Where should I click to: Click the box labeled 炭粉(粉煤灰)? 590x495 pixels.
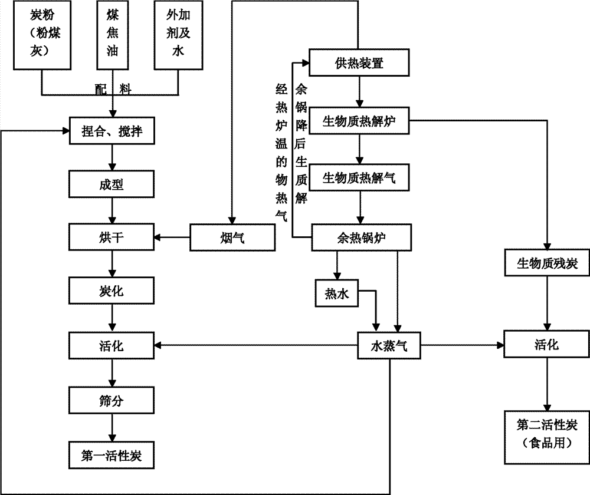(x=41, y=36)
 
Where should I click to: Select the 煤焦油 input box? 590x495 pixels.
(x=112, y=36)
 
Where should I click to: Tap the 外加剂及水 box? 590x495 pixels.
(x=178, y=36)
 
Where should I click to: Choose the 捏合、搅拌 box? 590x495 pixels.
(x=112, y=134)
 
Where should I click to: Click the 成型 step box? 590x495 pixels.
(x=112, y=185)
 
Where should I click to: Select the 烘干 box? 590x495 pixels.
(x=112, y=237)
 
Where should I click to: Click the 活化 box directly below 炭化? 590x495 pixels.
(x=112, y=345)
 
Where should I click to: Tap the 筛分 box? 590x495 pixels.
(x=112, y=400)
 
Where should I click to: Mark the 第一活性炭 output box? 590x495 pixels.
(x=112, y=454)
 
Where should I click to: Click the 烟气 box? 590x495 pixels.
(x=232, y=238)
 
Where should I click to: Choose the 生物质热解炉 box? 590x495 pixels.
(x=359, y=121)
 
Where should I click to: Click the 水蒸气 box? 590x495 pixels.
(x=390, y=345)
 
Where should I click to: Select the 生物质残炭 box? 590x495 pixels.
(x=547, y=262)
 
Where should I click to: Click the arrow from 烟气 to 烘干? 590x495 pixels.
(x=172, y=238)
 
